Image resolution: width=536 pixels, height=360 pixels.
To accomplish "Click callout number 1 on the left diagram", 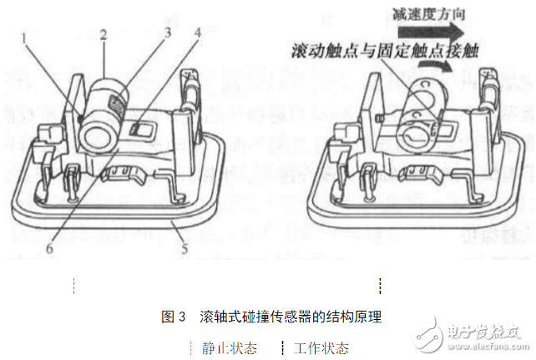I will coord(26,37).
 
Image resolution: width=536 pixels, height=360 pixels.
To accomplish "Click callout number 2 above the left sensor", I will coord(103,35).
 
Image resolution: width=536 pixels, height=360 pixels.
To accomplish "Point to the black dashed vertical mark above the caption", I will coord(380,286).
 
